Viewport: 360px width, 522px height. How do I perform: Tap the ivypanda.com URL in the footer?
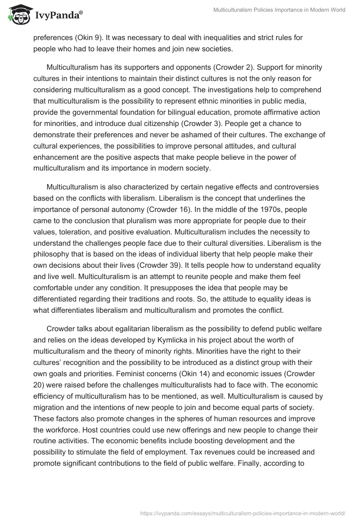pos(243,512)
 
